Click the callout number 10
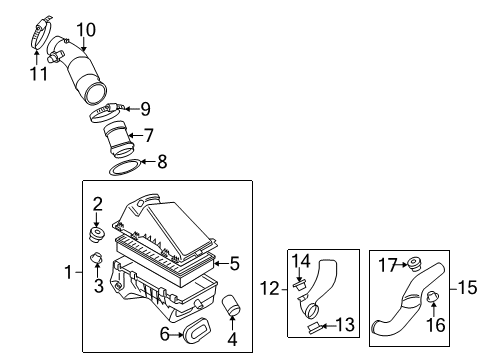click(86, 30)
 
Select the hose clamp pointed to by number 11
click(41, 32)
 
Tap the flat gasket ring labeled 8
click(125, 168)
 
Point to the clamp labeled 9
click(107, 113)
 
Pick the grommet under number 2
click(97, 234)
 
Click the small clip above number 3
click(96, 258)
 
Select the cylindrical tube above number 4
click(232, 305)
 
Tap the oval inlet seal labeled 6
click(197, 330)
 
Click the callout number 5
click(235, 263)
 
